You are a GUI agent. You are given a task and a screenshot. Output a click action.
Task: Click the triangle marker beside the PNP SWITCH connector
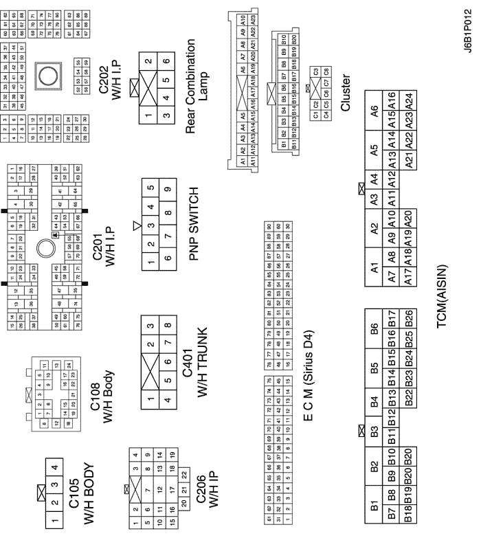tap(137, 225)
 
